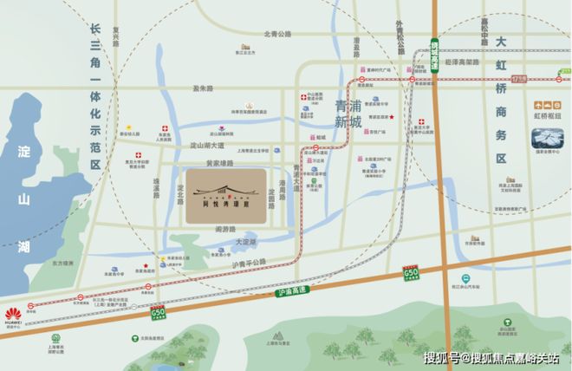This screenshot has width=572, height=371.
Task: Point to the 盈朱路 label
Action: point(203,88)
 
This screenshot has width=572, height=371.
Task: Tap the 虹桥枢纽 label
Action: point(548,114)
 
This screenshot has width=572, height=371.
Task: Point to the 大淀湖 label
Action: point(248,242)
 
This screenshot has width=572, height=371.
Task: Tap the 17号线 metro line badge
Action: point(543,80)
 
